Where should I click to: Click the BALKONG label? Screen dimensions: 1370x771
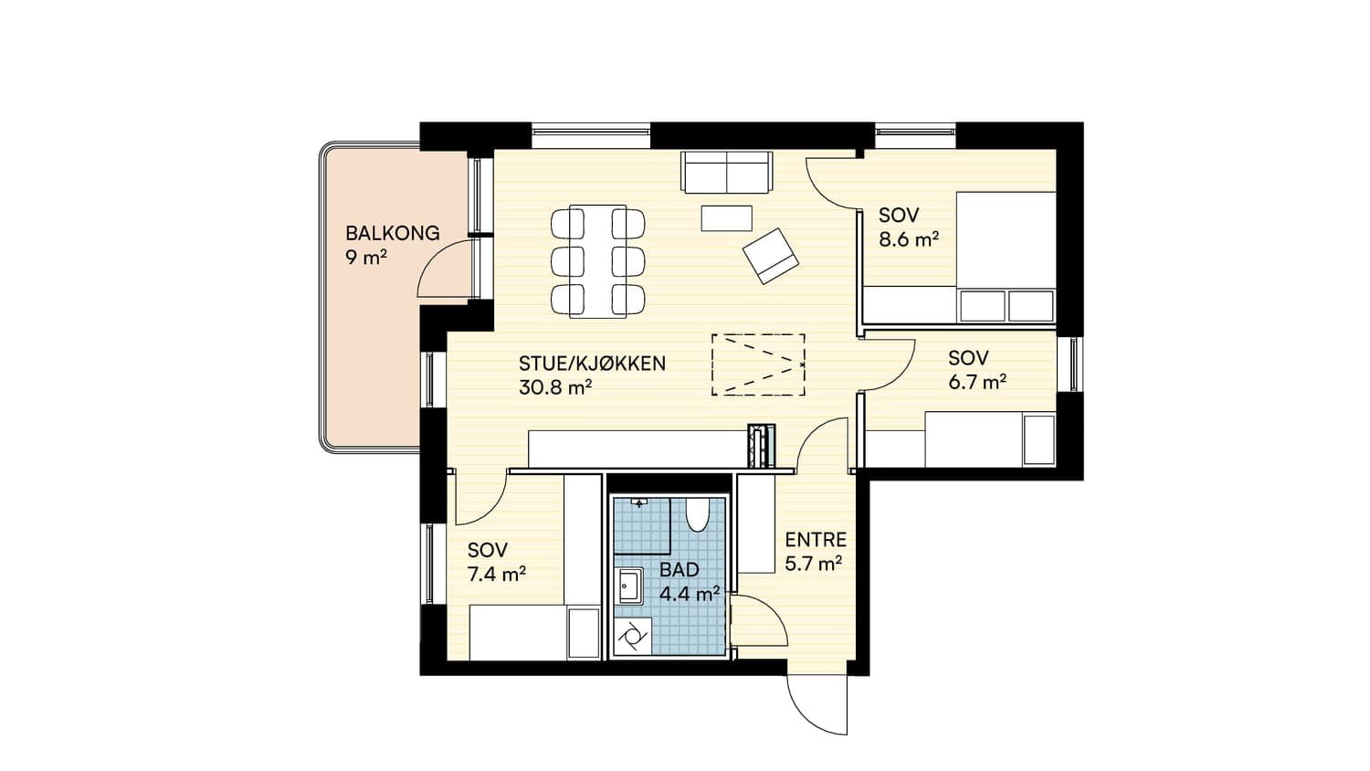392,233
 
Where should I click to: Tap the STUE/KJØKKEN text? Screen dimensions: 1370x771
592,364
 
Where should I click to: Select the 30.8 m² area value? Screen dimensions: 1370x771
554,387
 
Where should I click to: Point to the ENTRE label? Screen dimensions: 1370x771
816,540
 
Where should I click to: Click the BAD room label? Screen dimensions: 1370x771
679,570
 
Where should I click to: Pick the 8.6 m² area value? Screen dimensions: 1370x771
908,239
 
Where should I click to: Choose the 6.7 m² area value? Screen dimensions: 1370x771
977,383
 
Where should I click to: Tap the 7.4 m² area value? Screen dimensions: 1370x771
496,575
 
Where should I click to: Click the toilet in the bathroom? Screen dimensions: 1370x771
697,514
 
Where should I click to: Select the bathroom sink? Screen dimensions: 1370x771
628,585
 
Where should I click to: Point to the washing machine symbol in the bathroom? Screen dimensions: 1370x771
632,637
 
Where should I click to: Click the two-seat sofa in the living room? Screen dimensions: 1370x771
727,172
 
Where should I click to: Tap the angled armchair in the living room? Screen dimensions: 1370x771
771,256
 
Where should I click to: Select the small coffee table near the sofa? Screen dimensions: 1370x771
727,218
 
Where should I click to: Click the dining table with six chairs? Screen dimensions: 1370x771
597,261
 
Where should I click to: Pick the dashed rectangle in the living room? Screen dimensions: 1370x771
758,364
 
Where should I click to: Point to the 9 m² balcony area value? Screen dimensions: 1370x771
365,257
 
